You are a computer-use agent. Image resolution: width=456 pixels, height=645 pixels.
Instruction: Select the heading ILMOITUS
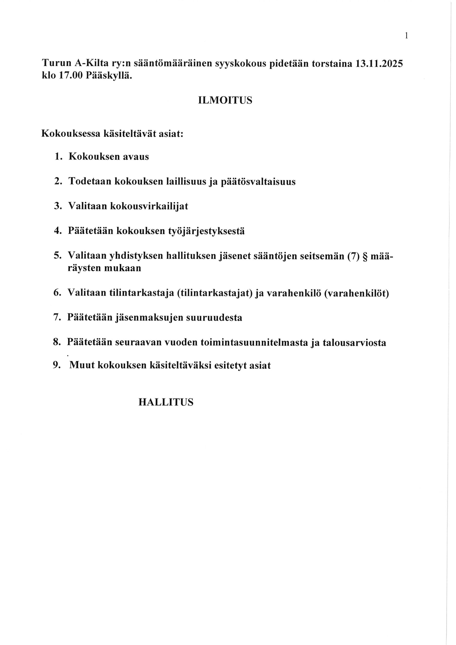225,101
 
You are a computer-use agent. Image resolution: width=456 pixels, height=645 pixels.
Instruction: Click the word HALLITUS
166,403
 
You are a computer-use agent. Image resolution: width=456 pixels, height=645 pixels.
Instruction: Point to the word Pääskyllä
108,76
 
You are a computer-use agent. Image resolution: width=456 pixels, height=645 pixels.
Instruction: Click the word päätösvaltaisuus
258,182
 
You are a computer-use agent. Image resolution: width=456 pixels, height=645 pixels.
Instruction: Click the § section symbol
366,256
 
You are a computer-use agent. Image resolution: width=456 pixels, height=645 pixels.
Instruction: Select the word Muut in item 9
80,365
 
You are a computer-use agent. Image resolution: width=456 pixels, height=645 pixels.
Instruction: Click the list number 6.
57,293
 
